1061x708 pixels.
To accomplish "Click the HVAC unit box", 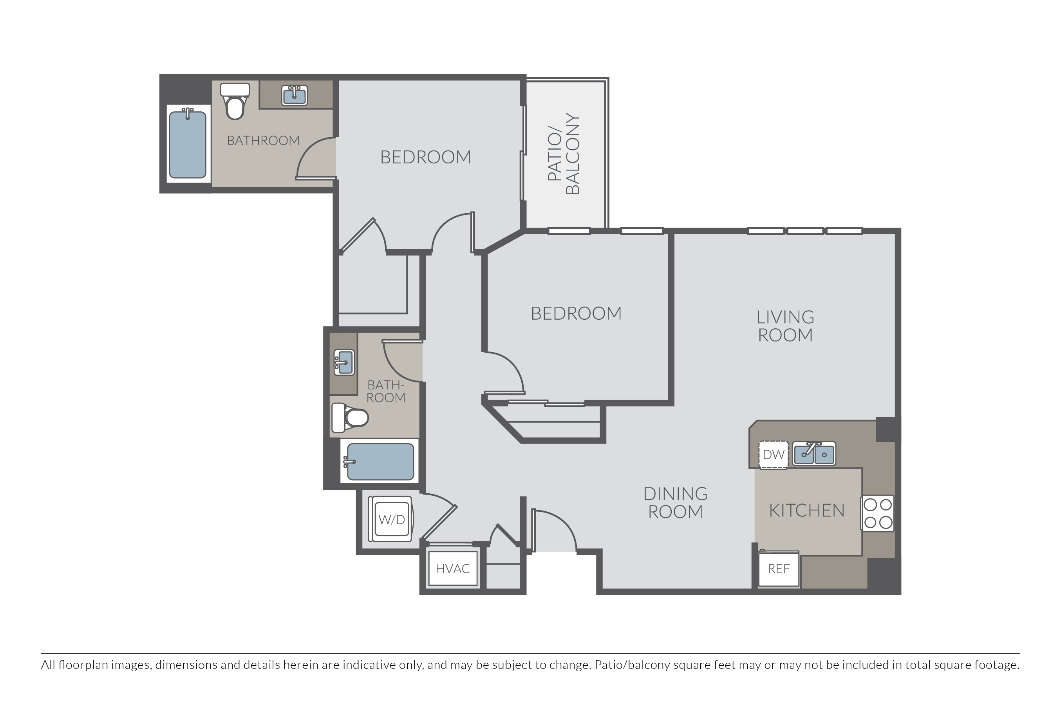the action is pos(453,568).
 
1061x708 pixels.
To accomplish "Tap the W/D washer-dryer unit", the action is pos(390,519).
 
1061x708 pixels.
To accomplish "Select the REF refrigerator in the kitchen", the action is pos(779,569).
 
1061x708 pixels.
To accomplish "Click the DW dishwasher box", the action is pos(774,454).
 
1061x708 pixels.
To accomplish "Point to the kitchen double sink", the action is pos(814,453).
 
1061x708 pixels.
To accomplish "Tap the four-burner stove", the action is pos(878,513).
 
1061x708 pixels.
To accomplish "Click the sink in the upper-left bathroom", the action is pos(294,96).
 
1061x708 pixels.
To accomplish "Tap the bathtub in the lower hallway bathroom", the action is pos(379,462).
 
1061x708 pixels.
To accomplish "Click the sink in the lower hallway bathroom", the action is pos(344,362).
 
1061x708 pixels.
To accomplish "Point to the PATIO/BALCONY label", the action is pos(563,154).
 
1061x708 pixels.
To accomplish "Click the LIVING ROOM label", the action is pos(785,326).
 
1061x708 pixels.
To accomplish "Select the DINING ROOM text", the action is pos(676,503).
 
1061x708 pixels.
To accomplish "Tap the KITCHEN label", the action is pos(806,510).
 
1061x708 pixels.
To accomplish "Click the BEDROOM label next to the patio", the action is pos(426,157).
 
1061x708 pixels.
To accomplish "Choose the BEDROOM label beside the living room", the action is pos(576,313).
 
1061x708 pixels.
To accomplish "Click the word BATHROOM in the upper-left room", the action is pos(263,140).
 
